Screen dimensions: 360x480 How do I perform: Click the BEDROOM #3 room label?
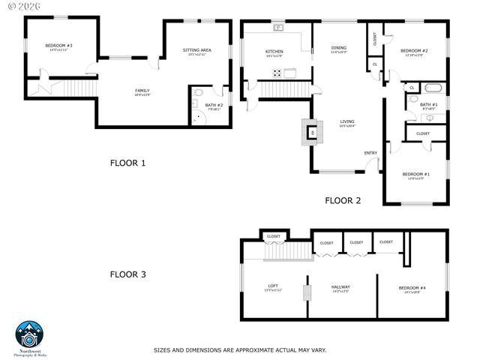pos(58,46)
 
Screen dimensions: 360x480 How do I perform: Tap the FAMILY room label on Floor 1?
pos(142,91)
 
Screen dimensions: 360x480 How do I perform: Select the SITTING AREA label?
pos(197,50)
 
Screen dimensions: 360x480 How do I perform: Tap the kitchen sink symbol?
pos(278,28)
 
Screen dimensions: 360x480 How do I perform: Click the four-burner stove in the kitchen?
pos(277,73)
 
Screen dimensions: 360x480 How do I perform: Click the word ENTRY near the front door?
pos(370,153)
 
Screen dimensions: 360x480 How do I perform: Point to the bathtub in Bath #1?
pos(432,88)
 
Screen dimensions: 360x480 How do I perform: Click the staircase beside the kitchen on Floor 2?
pos(278,89)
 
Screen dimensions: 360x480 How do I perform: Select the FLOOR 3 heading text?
pos(128,274)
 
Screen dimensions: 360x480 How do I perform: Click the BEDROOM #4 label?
pos(412,288)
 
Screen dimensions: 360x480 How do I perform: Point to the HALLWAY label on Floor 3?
pos(341,286)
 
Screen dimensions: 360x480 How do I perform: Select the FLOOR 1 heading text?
pos(128,162)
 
